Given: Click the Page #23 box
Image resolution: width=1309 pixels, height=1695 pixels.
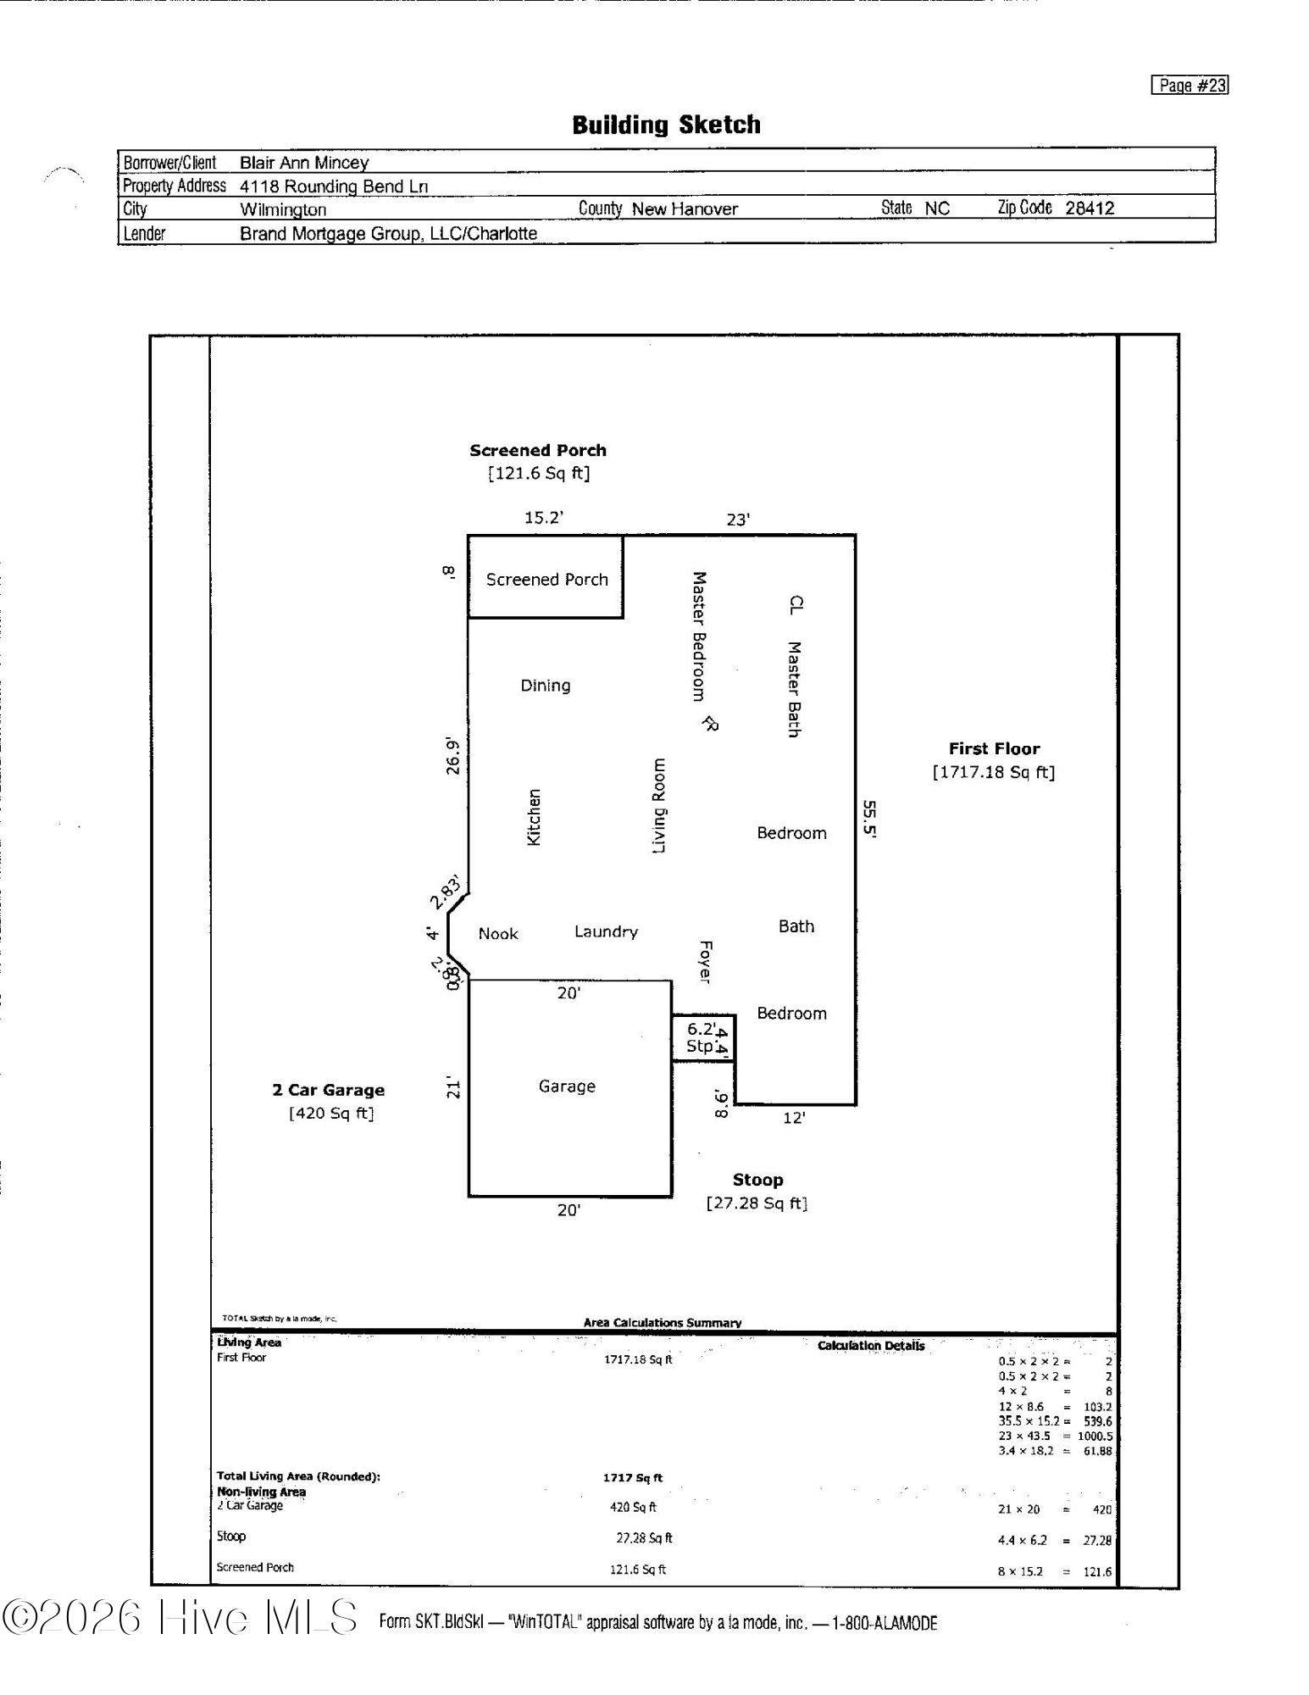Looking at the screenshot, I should click(1189, 86).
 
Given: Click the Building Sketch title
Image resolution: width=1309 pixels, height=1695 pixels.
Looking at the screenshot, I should click(666, 125).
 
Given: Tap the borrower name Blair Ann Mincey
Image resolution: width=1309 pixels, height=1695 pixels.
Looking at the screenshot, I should click(304, 163).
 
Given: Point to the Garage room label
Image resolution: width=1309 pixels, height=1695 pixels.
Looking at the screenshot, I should click(567, 1086).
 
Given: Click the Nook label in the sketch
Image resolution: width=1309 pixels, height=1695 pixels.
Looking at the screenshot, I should click(498, 934).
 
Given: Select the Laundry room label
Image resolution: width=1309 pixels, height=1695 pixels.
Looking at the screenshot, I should click(606, 932).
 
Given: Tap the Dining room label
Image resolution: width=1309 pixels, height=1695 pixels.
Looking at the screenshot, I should click(545, 686).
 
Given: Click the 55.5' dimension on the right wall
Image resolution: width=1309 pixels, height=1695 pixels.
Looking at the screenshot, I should click(869, 819).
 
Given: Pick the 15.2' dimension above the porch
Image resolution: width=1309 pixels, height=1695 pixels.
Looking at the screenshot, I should click(543, 518).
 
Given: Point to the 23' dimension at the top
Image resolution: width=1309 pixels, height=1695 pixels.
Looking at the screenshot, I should click(738, 520).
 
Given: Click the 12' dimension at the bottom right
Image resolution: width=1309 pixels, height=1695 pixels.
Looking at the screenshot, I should click(793, 1119).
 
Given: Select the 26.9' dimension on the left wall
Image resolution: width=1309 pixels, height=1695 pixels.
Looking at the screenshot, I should click(454, 757).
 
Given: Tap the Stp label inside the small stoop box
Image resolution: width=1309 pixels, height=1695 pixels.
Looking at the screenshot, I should click(700, 1047).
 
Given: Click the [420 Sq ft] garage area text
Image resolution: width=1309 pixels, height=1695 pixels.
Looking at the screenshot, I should click(331, 1114).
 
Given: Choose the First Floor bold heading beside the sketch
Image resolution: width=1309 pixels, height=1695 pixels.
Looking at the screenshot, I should click(994, 749).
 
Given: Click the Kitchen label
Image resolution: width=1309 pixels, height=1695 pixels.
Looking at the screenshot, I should click(534, 818).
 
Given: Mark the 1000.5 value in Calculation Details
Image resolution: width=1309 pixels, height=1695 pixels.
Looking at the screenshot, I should click(1095, 1436).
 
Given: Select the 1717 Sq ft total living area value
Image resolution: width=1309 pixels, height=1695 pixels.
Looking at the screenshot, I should click(632, 1477).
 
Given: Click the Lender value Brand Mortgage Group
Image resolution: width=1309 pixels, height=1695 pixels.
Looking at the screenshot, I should click(388, 234).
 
